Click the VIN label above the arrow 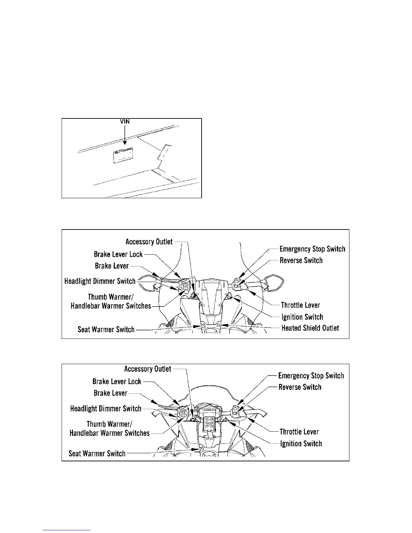pyautogui.click(x=125, y=121)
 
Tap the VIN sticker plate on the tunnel pyautogui.click(x=123, y=156)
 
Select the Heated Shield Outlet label pyautogui.click(x=310, y=328)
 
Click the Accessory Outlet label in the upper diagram pyautogui.click(x=149, y=242)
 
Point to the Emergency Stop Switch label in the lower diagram pyautogui.click(x=311, y=376)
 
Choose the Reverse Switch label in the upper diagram pyautogui.click(x=301, y=260)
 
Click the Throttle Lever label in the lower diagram pyautogui.click(x=299, y=432)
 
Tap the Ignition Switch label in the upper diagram pyautogui.click(x=302, y=317)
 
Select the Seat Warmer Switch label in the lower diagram pyautogui.click(x=97, y=454)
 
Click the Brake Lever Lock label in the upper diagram pyautogui.click(x=118, y=254)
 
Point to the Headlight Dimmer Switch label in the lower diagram pyautogui.click(x=106, y=408)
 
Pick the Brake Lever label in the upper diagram pyautogui.click(x=112, y=266)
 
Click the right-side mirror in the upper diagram pyautogui.click(x=275, y=280)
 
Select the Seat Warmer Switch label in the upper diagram pyautogui.click(x=106, y=329)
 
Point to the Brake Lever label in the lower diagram pyautogui.click(x=110, y=393)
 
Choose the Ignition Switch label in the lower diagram pyautogui.click(x=301, y=444)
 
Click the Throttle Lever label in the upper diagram pyautogui.click(x=300, y=305)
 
